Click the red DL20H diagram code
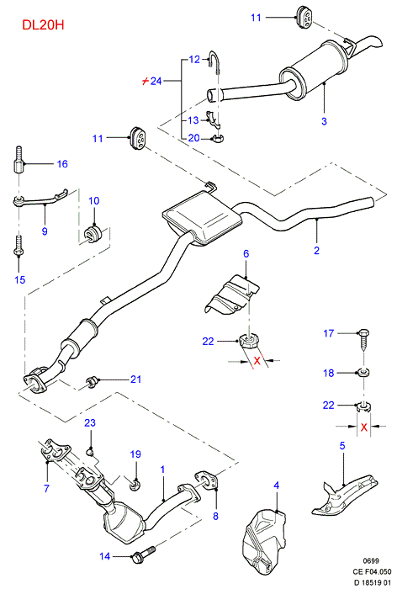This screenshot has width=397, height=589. click(x=43, y=24)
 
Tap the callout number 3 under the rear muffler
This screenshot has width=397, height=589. click(x=324, y=121)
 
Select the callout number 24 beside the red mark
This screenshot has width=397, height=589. click(x=156, y=81)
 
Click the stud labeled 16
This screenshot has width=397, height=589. click(x=18, y=161)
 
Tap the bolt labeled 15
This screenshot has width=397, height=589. click(x=18, y=246)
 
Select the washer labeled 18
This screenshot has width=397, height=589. click(x=363, y=373)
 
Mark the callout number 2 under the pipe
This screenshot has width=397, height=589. click(x=316, y=250)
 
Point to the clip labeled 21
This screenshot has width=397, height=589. click(x=91, y=382)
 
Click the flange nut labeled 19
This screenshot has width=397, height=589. click(x=134, y=485)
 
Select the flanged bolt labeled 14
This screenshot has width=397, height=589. click(x=144, y=553)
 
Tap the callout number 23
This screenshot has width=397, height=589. click(x=90, y=422)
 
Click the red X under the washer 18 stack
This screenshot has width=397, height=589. click(x=363, y=427)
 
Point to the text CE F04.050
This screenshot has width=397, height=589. click(x=372, y=571)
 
